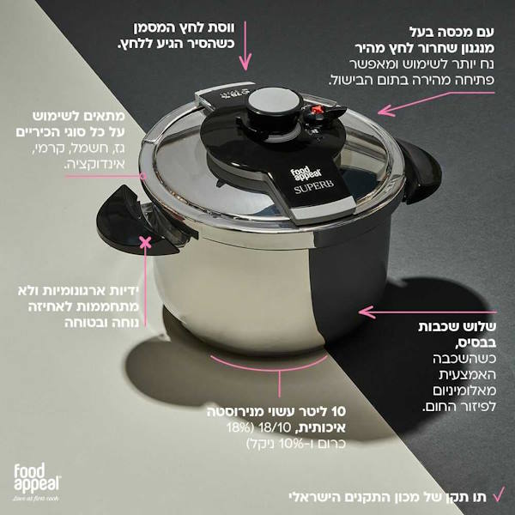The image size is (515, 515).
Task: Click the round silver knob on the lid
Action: [275, 100]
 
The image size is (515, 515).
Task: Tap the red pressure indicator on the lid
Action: [316, 110]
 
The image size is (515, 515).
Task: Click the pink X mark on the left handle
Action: [145, 243]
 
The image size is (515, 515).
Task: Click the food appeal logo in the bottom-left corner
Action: [37, 482]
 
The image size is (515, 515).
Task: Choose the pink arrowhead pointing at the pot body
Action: [367, 312]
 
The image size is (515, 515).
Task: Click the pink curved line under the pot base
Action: [269, 367]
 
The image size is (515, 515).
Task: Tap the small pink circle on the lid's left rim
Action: [142, 176]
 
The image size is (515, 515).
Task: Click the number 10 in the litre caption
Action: [339, 411]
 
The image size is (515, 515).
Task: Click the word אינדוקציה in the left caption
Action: [94, 164]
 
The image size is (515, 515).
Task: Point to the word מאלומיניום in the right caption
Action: [464, 391]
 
